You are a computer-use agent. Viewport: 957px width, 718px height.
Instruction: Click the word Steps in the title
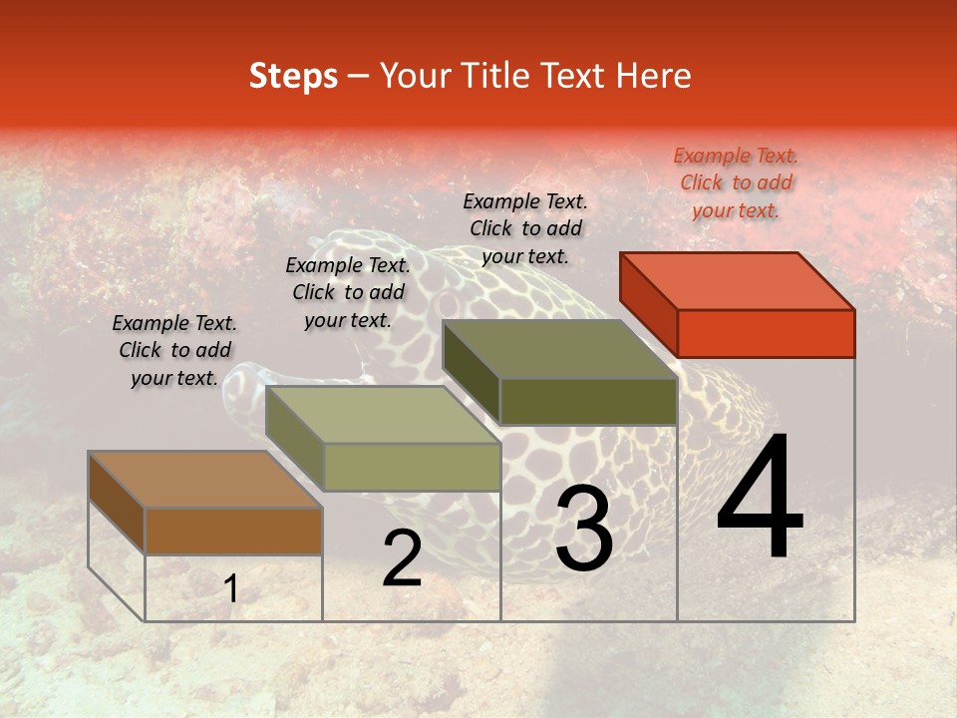pos(293,76)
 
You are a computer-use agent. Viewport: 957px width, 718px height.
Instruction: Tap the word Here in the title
pos(652,76)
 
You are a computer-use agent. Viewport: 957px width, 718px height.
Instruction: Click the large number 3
pos(583,528)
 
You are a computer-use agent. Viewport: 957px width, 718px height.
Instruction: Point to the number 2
pos(402,558)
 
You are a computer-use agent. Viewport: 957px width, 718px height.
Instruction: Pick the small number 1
pos(231,589)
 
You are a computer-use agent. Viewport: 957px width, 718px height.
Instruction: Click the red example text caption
pos(736,182)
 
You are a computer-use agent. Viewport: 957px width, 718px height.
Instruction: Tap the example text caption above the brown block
pos(174,350)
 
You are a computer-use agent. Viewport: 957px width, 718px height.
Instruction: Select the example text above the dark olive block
pos(525,228)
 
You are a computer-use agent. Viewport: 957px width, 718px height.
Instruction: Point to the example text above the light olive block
pos(348,292)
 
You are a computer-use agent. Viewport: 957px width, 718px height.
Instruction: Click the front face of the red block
pos(766,333)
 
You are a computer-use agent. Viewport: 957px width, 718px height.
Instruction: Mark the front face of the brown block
pos(233,531)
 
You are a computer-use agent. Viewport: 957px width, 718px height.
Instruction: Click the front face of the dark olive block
pos(588,401)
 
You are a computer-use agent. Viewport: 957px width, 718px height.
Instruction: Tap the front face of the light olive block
pos(411,467)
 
